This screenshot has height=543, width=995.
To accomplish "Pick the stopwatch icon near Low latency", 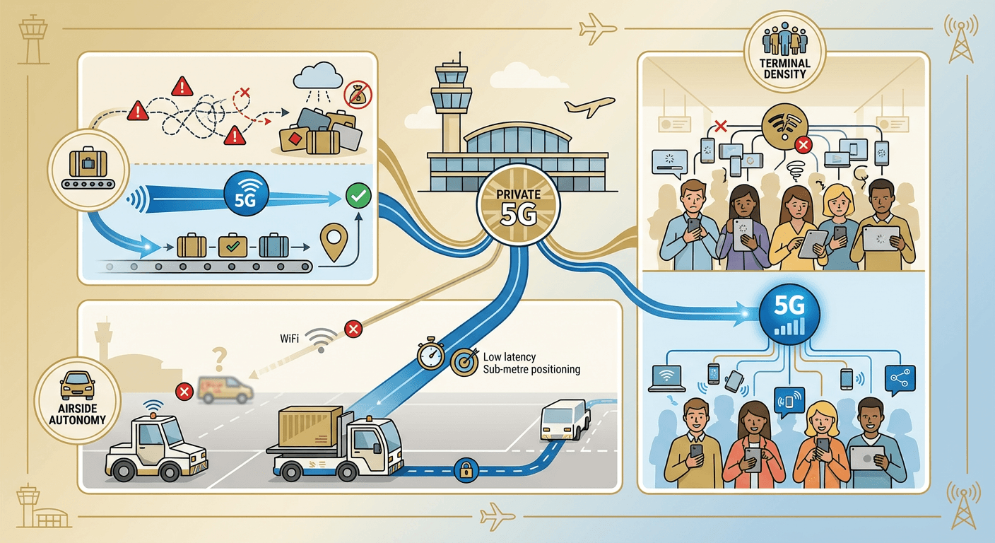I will point(430,356).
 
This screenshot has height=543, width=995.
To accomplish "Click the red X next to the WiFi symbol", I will point(352,329).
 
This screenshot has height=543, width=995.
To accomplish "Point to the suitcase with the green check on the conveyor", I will point(233,246).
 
